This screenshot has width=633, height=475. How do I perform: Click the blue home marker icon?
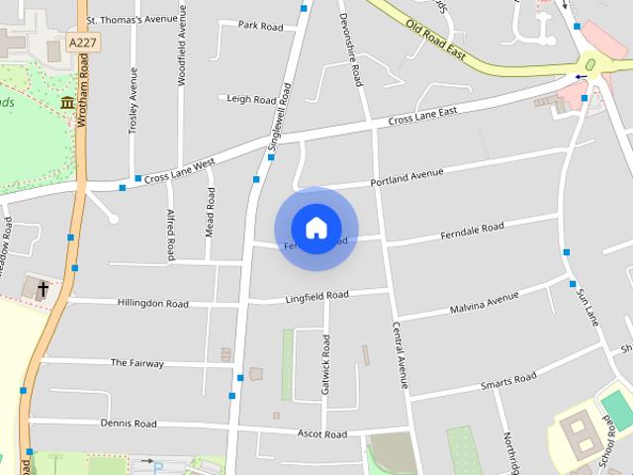click(x=316, y=228)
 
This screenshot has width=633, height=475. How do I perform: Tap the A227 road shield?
click(x=83, y=43)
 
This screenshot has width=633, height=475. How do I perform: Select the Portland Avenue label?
click(x=407, y=177)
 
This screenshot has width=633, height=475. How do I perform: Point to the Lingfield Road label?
click(x=316, y=296)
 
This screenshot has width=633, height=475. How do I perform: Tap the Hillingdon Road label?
click(x=152, y=303)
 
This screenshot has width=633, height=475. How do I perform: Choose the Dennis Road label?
click(x=129, y=424)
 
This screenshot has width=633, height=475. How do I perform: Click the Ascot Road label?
click(x=322, y=433)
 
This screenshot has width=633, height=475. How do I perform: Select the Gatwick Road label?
click(x=324, y=365)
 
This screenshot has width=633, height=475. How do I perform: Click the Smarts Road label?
click(x=508, y=381)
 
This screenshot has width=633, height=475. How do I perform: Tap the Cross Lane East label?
click(x=422, y=117)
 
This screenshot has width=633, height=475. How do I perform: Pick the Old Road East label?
click(x=436, y=41)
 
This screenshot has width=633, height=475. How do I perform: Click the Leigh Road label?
click(x=251, y=99)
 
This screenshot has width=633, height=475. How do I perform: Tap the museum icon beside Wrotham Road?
click(x=67, y=103)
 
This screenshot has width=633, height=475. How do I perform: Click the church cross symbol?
click(x=43, y=289)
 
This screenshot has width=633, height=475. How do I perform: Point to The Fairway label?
click(x=137, y=363)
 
